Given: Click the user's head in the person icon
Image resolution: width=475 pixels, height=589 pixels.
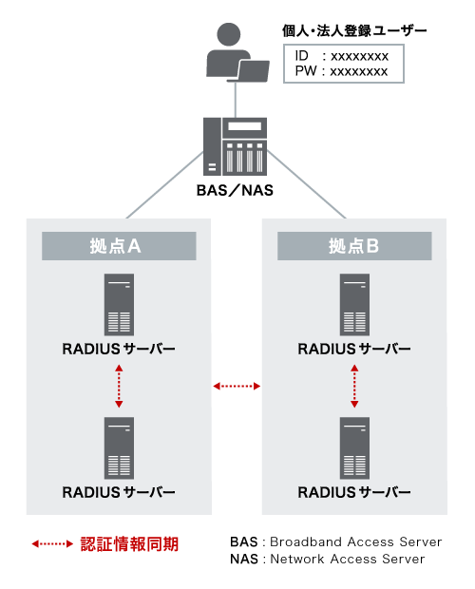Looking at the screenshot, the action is (229, 34).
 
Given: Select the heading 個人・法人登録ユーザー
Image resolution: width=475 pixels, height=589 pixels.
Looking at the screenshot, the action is (354, 30).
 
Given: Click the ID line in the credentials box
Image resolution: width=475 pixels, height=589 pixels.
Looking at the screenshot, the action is (341, 56).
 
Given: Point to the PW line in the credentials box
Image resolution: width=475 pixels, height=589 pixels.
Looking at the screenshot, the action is (341, 71).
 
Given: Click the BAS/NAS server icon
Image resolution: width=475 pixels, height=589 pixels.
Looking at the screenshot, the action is (235, 146).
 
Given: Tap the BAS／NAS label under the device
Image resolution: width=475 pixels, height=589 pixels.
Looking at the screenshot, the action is (235, 190).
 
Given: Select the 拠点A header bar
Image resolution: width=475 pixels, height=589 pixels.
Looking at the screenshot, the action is (119, 246).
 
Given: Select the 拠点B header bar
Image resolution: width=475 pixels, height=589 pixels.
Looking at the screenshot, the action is (354, 246).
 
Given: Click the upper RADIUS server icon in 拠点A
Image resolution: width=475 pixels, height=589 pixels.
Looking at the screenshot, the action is (119, 305).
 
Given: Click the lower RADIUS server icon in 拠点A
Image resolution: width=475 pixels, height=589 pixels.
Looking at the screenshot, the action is (119, 448).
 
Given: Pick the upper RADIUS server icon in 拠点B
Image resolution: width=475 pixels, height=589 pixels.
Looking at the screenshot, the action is (354, 305).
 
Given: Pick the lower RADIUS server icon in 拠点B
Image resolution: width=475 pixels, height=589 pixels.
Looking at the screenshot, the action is (354, 448).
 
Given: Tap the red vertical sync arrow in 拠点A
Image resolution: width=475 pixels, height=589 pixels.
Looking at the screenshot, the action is (119, 386).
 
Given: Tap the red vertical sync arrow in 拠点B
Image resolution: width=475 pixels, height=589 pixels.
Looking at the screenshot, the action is (354, 386).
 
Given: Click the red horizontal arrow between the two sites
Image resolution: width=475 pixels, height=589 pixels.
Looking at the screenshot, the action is (237, 386).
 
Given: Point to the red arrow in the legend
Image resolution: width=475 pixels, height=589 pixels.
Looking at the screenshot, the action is (52, 543).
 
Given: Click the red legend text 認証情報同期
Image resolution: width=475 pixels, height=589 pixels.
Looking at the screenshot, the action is (129, 544).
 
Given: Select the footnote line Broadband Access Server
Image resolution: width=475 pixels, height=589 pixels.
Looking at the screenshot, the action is (336, 541).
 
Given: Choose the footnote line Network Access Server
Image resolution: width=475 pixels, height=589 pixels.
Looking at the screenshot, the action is (328, 559).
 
